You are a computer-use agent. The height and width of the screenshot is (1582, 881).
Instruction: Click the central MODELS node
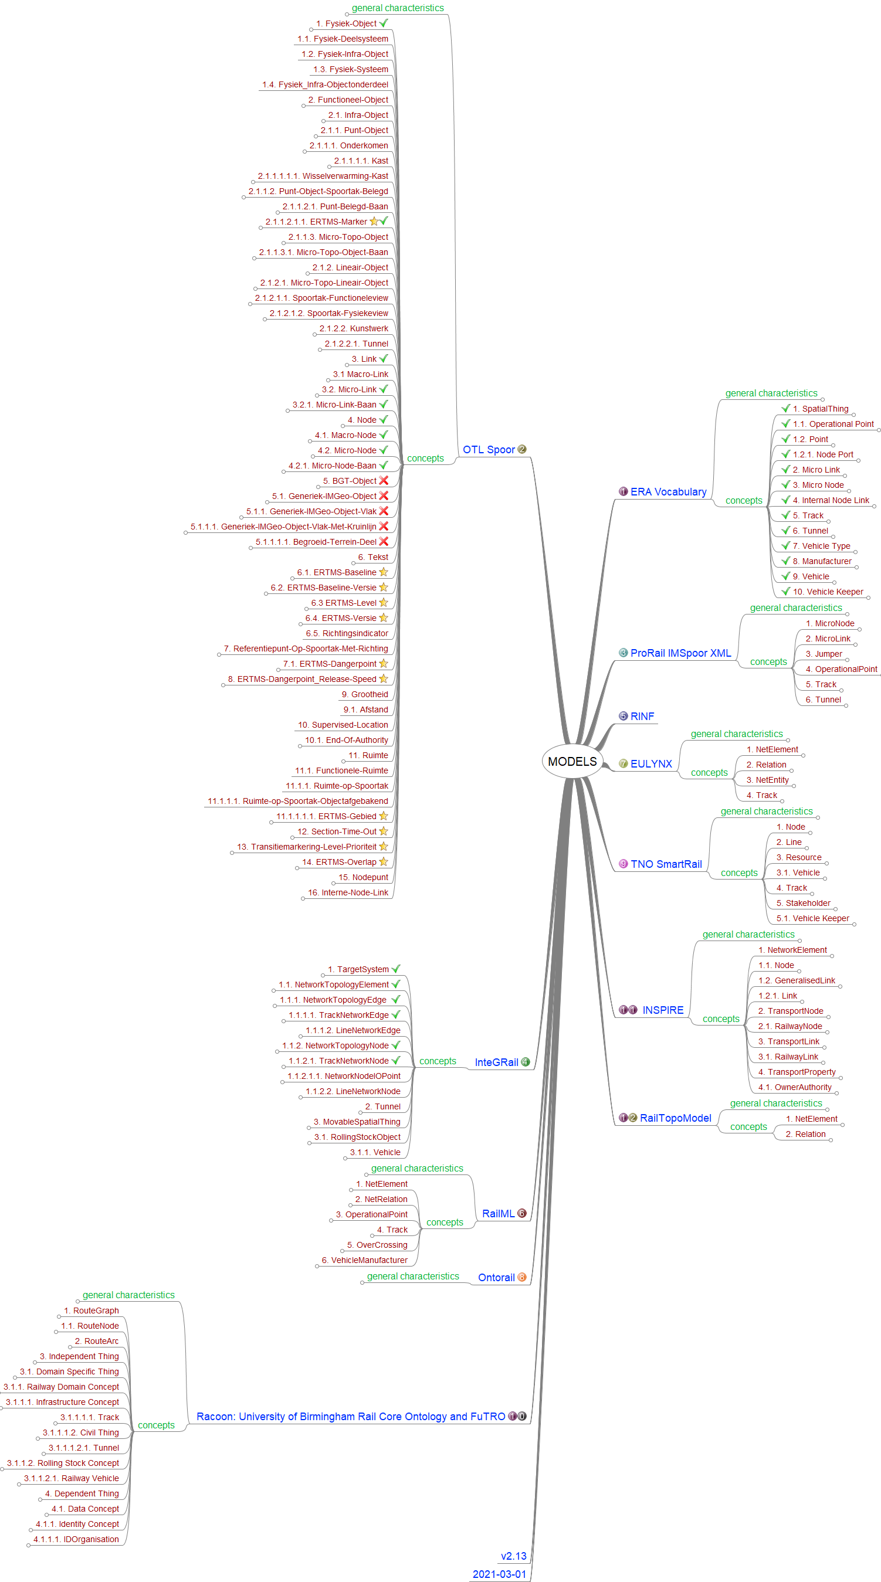coord(572,762)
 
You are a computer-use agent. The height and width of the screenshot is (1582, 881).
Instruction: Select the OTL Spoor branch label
coord(489,450)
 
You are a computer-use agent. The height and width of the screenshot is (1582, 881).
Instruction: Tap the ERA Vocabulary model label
coord(668,492)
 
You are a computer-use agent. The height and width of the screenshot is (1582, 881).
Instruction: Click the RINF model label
coord(642,717)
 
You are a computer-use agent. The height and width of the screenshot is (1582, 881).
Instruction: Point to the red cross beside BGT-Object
coord(384,481)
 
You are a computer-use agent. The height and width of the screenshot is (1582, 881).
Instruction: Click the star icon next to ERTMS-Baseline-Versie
coord(384,588)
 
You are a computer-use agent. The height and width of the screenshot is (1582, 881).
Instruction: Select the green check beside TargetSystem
coord(396,969)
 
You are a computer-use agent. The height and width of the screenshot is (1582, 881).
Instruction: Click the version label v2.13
coord(513,1556)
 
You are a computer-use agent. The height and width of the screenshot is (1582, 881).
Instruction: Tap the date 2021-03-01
coord(499,1574)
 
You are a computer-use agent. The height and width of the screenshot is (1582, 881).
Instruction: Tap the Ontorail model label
coord(496,1278)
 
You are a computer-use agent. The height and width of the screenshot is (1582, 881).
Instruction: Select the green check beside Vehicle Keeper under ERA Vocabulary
coord(786,592)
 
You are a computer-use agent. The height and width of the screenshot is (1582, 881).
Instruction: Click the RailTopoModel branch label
coord(675,1118)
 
